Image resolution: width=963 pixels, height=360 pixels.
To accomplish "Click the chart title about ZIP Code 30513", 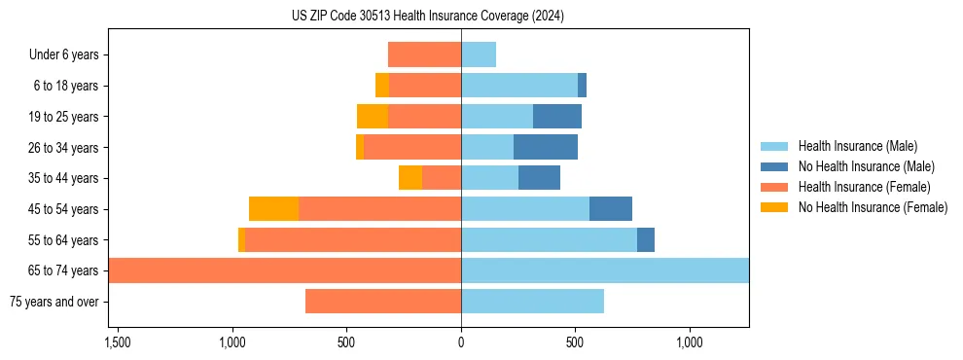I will click(427, 17).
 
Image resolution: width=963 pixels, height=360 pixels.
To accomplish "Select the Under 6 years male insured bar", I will click(479, 54).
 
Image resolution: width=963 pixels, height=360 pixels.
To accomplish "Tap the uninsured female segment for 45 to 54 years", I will click(273, 209).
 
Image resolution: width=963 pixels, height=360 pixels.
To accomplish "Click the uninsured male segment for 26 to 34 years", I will click(546, 147).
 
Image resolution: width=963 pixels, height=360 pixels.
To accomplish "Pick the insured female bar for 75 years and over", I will click(383, 302).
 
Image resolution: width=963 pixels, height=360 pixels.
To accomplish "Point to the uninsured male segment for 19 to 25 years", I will click(557, 117).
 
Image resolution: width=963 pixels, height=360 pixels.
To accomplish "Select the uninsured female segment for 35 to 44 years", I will click(410, 178).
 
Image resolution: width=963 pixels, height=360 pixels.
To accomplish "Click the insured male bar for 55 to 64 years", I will click(549, 239).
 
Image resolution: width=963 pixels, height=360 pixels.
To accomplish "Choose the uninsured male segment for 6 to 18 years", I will click(582, 86).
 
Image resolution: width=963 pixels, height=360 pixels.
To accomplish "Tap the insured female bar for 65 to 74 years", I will click(284, 270).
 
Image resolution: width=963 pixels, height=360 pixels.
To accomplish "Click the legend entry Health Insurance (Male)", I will click(857, 146).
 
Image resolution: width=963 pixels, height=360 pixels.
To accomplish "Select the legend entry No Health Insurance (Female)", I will click(873, 207).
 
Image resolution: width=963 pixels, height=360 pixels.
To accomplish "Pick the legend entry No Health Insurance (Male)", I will click(866, 166).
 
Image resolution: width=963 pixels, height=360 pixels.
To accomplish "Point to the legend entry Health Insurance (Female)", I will click(864, 187).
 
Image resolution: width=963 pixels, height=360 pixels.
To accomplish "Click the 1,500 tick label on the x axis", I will click(118, 343).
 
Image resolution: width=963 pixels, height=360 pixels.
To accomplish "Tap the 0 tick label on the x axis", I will click(461, 343).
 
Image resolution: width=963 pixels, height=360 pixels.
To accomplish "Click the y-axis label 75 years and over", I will click(54, 302).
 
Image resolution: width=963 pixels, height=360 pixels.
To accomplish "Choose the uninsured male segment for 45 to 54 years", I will click(611, 209).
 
